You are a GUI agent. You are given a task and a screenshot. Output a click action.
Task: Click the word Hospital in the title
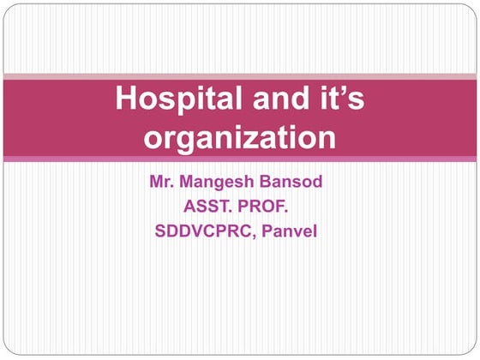pyautogui.click(x=166, y=100)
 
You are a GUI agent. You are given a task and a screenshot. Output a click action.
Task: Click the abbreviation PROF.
pyautogui.click(x=273, y=207)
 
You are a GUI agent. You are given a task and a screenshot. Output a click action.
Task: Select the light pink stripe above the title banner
pyautogui.click(x=240, y=76)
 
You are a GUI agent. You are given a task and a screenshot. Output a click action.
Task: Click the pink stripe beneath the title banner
pyautogui.click(x=240, y=159)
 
